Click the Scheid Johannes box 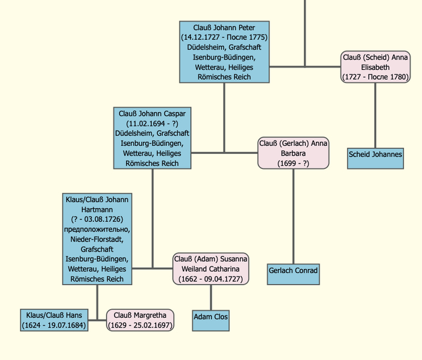click(376, 159)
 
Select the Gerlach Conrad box click(294, 274)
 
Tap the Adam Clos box click(211, 320)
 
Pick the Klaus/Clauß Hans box click(54, 320)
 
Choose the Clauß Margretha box click(140, 320)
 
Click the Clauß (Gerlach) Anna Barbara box click(294, 153)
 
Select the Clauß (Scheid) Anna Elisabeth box click(376, 67)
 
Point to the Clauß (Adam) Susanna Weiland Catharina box click(210, 269)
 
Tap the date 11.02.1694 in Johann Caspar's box click(146, 124)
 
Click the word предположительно click(97, 229)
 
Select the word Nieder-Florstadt click(97, 239)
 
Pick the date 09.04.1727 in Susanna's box click(222, 279)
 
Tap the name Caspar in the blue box click(175, 114)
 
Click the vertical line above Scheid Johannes click(376, 115)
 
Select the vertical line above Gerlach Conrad click(294, 216)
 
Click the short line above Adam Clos click(211, 297)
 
